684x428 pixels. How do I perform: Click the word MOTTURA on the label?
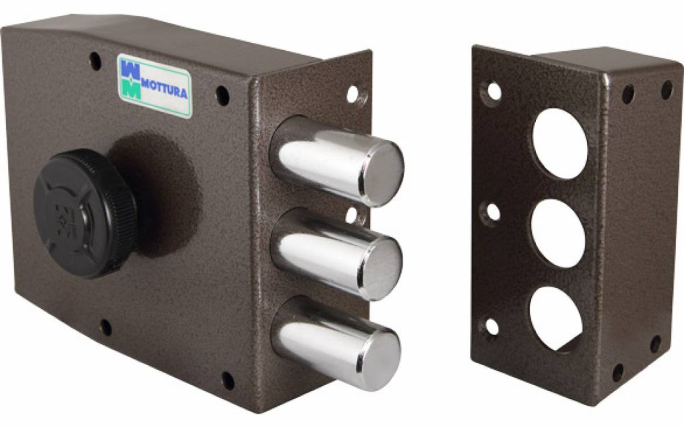164,90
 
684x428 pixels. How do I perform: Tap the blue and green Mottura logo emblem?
131,79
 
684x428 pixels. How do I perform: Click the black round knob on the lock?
85,213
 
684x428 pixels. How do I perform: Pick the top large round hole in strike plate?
560,143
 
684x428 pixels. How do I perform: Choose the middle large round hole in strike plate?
558,233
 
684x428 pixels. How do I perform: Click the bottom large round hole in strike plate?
556,320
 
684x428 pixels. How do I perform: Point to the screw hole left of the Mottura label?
95,61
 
